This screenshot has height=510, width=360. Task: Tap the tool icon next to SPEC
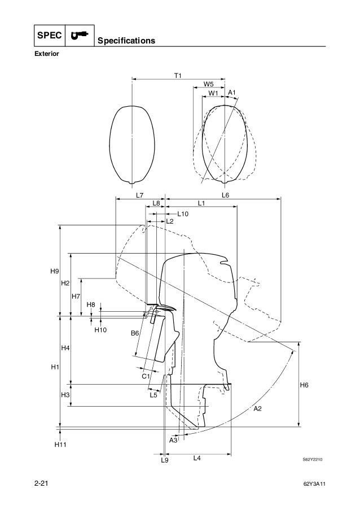click(x=78, y=35)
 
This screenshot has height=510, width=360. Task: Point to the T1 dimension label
click(x=178, y=75)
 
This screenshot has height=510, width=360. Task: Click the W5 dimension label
click(x=208, y=85)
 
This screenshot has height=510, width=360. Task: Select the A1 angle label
click(x=231, y=93)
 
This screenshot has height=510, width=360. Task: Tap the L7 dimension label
click(x=140, y=195)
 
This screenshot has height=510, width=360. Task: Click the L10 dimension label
click(x=183, y=214)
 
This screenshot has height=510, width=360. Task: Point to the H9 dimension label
click(x=54, y=272)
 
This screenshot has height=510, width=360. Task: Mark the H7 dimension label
click(x=75, y=297)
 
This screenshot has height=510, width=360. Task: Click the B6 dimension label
click(x=135, y=334)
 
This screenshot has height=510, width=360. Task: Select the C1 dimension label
click(x=145, y=376)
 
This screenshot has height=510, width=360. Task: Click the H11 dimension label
click(x=60, y=445)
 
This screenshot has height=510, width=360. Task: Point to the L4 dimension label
click(x=197, y=458)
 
